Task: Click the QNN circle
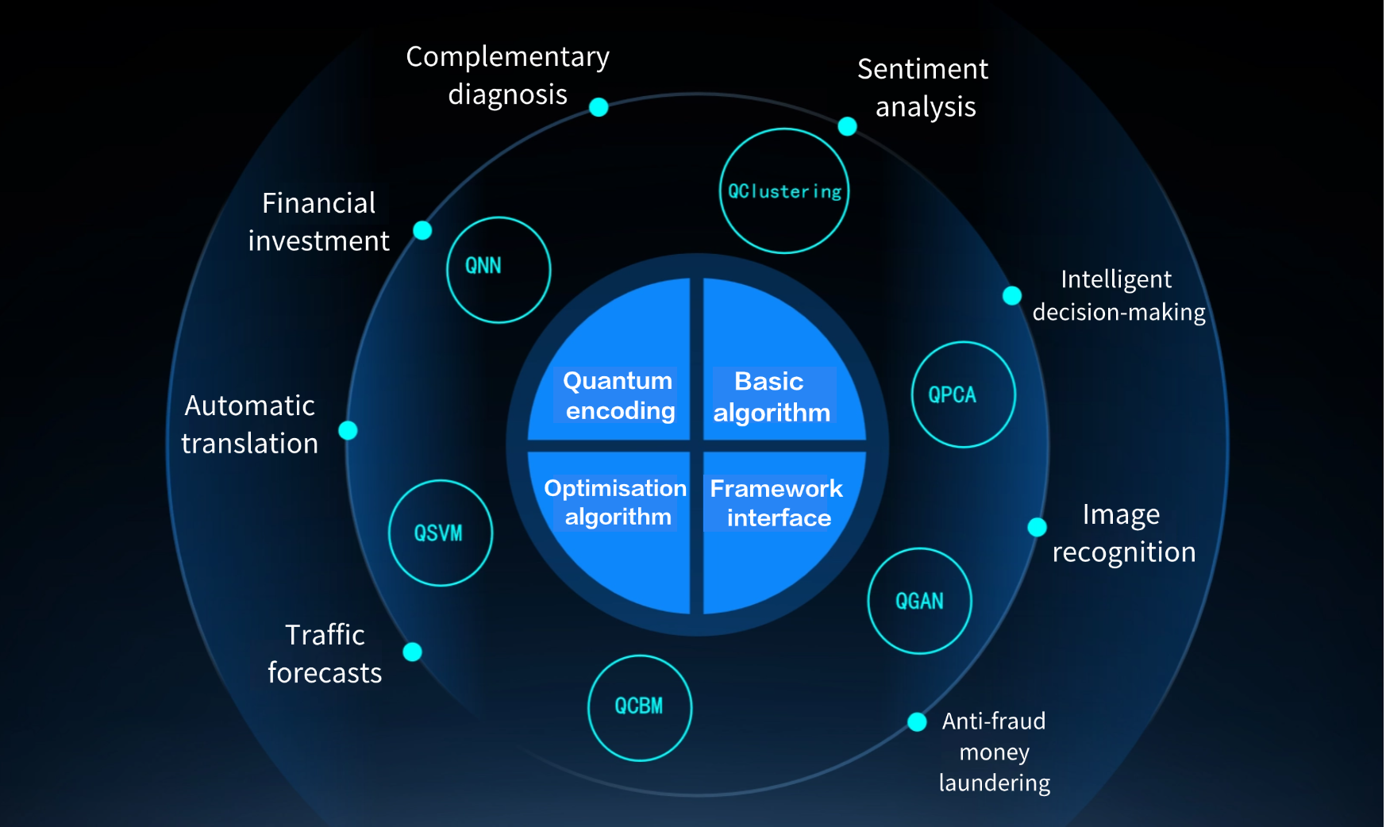499,269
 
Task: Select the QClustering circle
783,191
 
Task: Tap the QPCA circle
963,394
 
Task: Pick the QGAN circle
919,601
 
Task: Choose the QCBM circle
639,706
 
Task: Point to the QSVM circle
440,533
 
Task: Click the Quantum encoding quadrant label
618,395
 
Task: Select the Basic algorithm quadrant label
771,397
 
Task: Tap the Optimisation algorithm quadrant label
616,502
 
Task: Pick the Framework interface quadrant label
776,503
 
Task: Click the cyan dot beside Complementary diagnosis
599,107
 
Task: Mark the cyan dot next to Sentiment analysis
847,126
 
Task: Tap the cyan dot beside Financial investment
422,230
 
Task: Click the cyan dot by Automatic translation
348,430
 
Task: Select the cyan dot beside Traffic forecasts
412,652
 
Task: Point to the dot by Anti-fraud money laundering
917,721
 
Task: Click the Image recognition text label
1123,533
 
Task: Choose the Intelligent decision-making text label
1118,296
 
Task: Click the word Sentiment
922,70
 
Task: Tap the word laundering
994,783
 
